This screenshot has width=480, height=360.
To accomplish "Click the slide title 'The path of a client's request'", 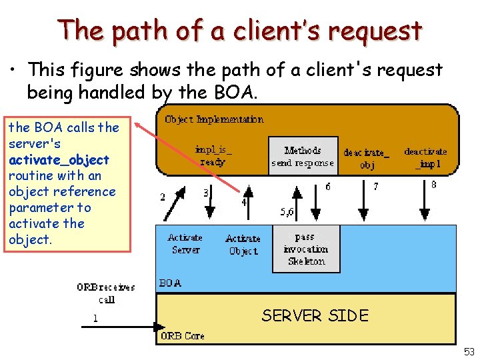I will pyautogui.click(x=239, y=31).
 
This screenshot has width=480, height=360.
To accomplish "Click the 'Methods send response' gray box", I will pyautogui.click(x=303, y=157).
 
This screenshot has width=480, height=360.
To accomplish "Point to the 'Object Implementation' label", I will pyautogui.click(x=214, y=119).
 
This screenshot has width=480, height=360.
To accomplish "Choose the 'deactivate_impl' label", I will pyautogui.click(x=425, y=157).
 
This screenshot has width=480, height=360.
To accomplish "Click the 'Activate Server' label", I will pyautogui.click(x=185, y=243).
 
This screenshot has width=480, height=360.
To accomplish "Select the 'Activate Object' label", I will pyautogui.click(x=242, y=245).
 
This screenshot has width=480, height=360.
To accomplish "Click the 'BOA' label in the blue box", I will pyautogui.click(x=169, y=283).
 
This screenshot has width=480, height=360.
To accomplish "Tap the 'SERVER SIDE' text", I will pyautogui.click(x=315, y=315).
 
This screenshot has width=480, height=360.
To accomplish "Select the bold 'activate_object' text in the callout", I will pyautogui.click(x=59, y=159).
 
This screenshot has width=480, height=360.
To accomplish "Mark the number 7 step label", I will pyautogui.click(x=375, y=187).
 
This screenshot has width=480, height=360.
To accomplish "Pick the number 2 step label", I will pyautogui.click(x=163, y=196).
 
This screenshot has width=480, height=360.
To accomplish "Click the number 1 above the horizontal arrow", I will pyautogui.click(x=95, y=319).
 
